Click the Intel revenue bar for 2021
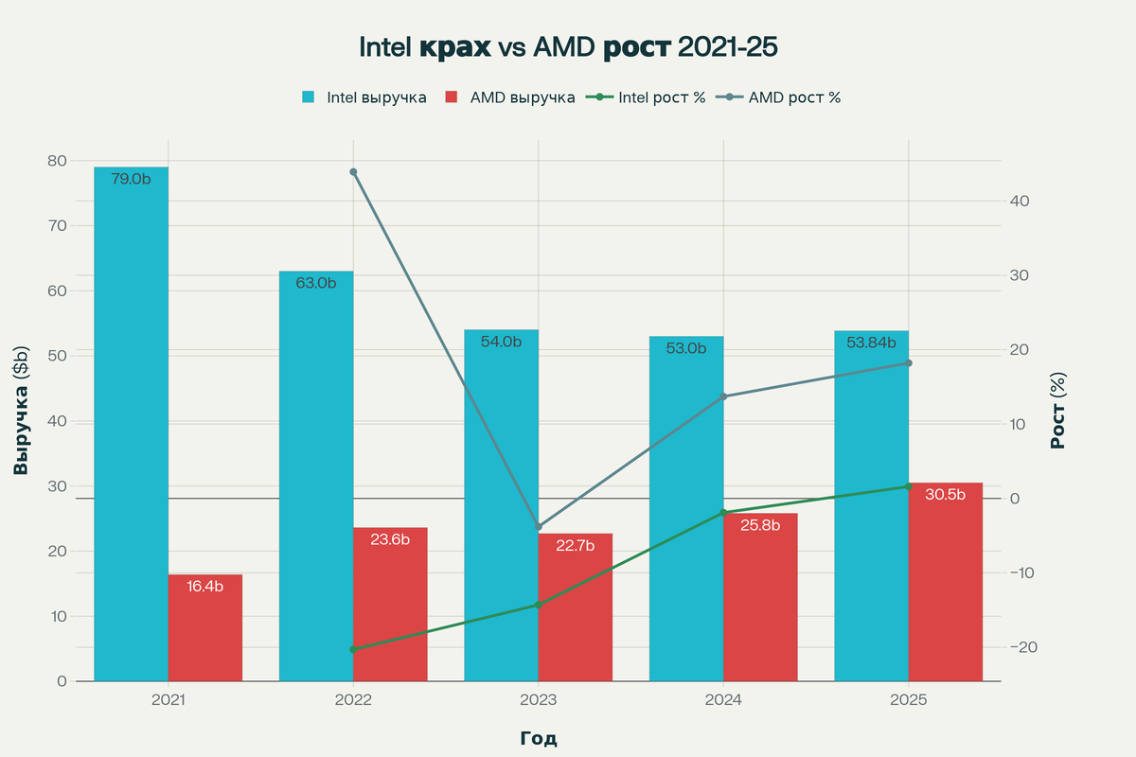tap(131, 426)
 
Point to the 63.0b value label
tap(316, 282)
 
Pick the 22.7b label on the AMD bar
tap(576, 545)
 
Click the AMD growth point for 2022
tap(353, 172)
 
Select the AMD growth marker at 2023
tap(539, 526)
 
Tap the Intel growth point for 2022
tap(353, 649)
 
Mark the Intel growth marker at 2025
tap(908, 486)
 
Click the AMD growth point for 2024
tap(723, 396)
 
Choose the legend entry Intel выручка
tap(364, 97)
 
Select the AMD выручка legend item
tap(510, 97)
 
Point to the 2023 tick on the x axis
tap(539, 701)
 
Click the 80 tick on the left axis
tap(57, 161)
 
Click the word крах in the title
tap(455, 47)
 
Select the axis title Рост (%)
tap(1059, 412)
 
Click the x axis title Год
tap(539, 738)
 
